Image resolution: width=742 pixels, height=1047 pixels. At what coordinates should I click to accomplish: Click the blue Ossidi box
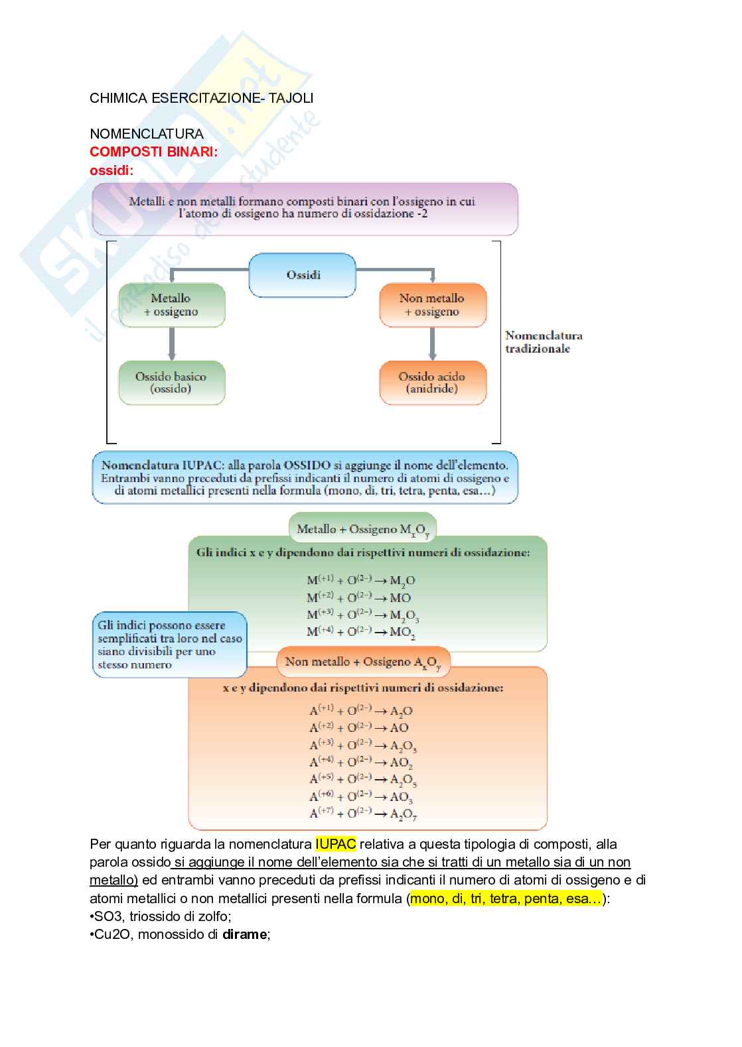[303, 275]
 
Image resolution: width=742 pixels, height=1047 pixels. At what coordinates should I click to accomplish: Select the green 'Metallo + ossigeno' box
[171, 305]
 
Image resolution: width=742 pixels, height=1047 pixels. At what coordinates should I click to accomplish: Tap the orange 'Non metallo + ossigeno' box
[432, 305]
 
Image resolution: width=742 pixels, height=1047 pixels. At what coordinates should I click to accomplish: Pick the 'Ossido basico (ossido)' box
[171, 383]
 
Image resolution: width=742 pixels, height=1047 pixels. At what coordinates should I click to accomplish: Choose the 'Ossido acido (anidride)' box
[432, 383]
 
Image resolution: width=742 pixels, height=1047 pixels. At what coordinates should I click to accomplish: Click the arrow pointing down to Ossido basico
[172, 343]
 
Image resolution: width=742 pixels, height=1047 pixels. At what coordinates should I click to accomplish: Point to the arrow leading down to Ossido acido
[433, 343]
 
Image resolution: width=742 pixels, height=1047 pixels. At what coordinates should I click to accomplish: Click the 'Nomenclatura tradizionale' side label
[544, 342]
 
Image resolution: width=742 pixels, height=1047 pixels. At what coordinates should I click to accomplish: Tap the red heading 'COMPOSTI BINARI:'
[153, 152]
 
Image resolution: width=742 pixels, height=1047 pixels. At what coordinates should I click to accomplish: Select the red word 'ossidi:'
[111, 170]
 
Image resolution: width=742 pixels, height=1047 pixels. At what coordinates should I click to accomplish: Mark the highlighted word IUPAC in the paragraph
[336, 844]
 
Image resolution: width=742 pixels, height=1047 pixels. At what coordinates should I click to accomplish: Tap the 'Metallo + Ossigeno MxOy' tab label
[362, 529]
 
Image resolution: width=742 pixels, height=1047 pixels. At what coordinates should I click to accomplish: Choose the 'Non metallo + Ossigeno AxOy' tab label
[362, 662]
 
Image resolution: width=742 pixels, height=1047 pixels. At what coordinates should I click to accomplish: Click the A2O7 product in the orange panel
[403, 814]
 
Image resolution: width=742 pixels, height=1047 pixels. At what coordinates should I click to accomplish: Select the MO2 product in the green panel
[402, 632]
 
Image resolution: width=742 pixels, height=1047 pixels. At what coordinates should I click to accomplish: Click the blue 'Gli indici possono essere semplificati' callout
[169, 645]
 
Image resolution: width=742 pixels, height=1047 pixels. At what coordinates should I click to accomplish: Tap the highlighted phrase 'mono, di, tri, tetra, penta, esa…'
[506, 898]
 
